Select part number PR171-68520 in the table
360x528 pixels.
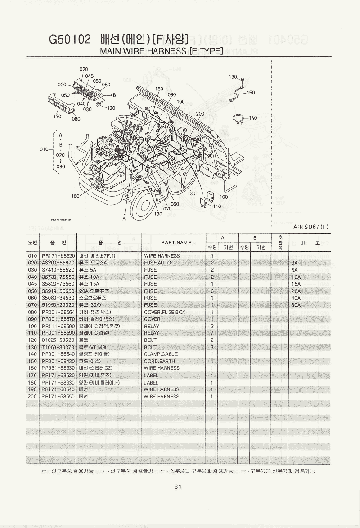click(58, 256)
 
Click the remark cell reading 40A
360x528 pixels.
click(296, 298)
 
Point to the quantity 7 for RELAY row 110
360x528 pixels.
click(211, 333)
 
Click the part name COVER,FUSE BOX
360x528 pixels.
click(164, 312)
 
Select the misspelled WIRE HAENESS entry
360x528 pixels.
click(161, 397)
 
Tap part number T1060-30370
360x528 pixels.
click(58, 347)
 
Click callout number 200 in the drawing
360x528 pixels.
click(200, 114)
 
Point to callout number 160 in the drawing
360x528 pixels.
click(75, 196)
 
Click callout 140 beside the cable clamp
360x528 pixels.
click(252, 118)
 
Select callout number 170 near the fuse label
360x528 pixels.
click(57, 116)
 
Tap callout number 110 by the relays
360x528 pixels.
click(217, 206)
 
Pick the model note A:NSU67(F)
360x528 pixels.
click(310, 227)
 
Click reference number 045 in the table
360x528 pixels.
click(32, 284)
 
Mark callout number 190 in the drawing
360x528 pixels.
click(180, 102)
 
